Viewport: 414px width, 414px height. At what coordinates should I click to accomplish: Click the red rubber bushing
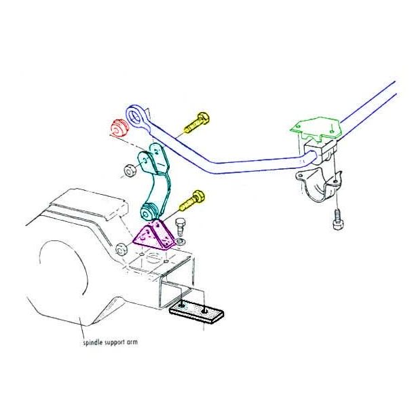pyautogui.click(x=119, y=128)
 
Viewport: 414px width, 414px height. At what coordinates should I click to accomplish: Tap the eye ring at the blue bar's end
pyautogui.click(x=135, y=117)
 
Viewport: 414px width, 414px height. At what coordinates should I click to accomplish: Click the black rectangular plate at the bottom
pyautogui.click(x=197, y=313)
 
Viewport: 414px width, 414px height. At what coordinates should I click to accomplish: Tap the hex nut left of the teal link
pyautogui.click(x=130, y=171)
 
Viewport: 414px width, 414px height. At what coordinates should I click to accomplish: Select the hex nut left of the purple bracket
pyautogui.click(x=121, y=249)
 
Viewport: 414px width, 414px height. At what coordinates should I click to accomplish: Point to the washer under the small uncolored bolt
pyautogui.click(x=181, y=242)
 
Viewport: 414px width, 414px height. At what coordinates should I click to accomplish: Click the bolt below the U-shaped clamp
pyautogui.click(x=338, y=220)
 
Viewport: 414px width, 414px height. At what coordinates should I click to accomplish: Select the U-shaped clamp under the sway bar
pyautogui.click(x=319, y=185)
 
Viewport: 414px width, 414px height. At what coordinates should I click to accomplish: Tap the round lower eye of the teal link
pyautogui.click(x=147, y=212)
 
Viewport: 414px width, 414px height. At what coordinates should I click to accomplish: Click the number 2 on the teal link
pyautogui.click(x=157, y=152)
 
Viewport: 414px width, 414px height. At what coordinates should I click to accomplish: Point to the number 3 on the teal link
pyautogui.click(x=145, y=160)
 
